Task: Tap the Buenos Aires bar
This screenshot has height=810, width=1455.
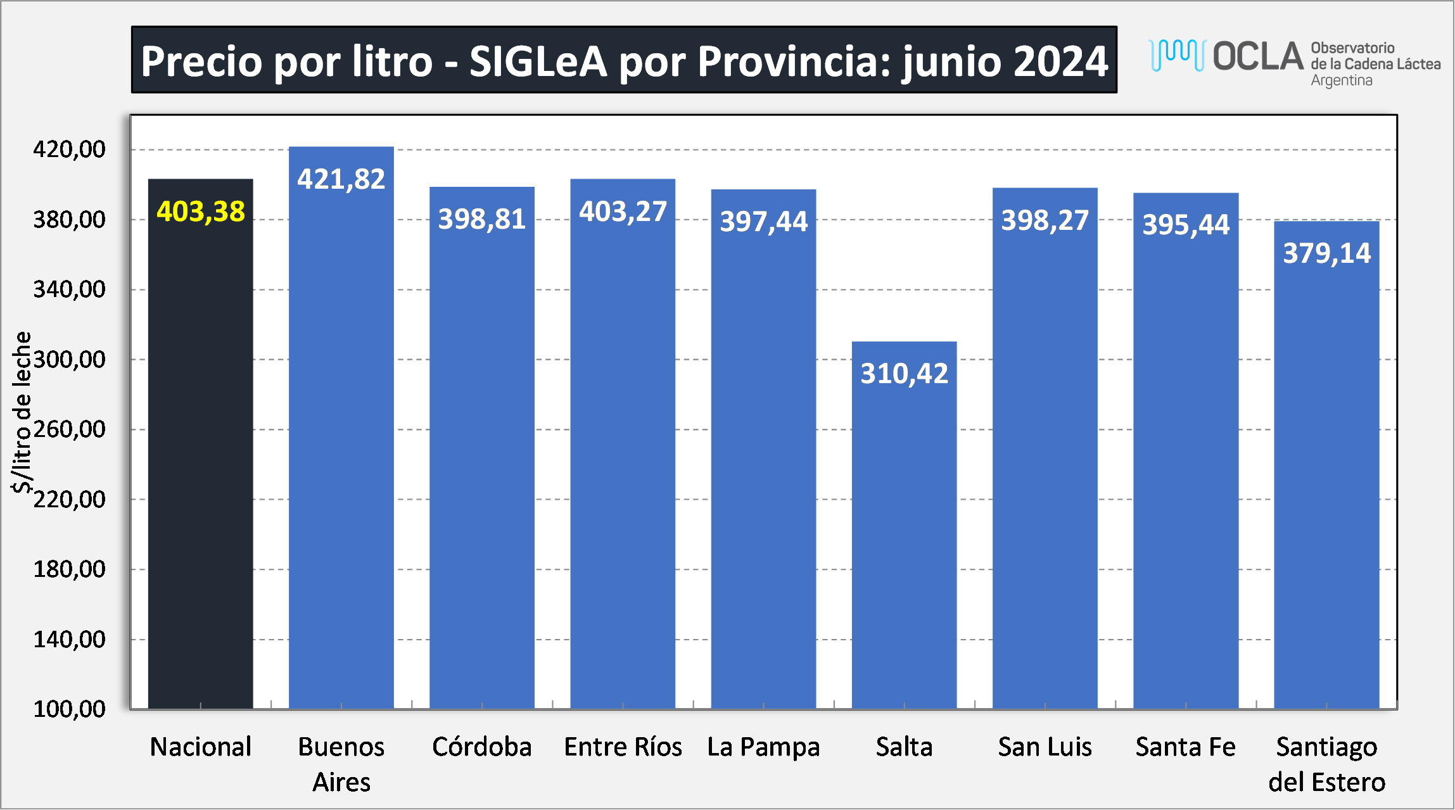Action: coord(341,443)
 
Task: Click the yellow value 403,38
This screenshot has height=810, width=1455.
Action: coord(200,212)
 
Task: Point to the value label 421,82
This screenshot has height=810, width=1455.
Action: coord(341,179)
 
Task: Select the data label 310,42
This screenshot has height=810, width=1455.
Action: coord(904,374)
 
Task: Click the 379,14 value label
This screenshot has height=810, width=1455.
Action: coord(1326,253)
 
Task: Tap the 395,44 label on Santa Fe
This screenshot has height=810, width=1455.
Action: coord(1186,225)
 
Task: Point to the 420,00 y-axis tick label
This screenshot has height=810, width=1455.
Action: coord(69,149)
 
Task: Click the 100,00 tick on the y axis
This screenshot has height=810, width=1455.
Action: coord(69,709)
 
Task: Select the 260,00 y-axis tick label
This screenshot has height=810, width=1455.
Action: coord(69,429)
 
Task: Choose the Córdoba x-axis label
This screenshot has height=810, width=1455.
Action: coord(481,747)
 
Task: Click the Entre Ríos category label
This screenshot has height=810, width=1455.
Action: coord(623,747)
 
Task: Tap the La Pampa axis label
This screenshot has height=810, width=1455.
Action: coord(763,747)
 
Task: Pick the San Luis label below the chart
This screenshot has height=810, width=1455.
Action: coord(1045,747)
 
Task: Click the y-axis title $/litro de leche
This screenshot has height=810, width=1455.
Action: coord(22,412)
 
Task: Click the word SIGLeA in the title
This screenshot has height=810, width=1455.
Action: coord(538,61)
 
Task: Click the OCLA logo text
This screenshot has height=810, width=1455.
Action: coord(1258,56)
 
